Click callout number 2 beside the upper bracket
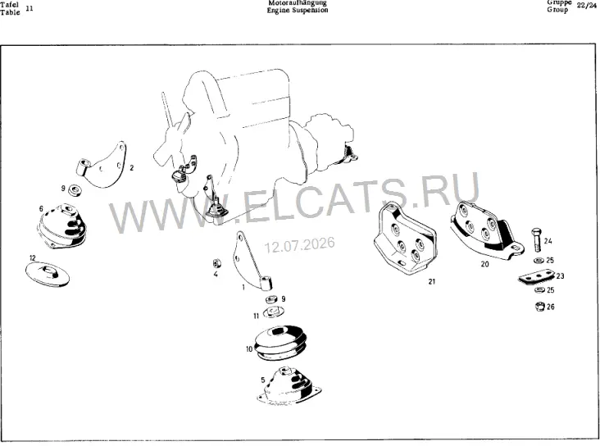pyautogui.click(x=132, y=168)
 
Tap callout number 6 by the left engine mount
pyautogui.click(x=41, y=209)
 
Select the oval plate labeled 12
pyautogui.click(x=48, y=274)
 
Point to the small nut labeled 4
pyautogui.click(x=217, y=263)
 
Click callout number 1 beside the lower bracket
pyautogui.click(x=243, y=287)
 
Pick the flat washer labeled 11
pyautogui.click(x=272, y=312)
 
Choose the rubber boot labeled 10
pyautogui.click(x=281, y=343)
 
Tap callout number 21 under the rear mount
pyautogui.click(x=432, y=281)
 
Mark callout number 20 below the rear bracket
pyautogui.click(x=484, y=264)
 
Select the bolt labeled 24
pyautogui.click(x=537, y=239)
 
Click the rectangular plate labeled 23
pyautogui.click(x=537, y=276)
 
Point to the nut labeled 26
pyautogui.click(x=539, y=307)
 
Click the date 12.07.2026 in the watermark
pyautogui.click(x=300, y=244)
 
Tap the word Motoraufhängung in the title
pyautogui.click(x=298, y=3)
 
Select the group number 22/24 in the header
pyautogui.click(x=587, y=6)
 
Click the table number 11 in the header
pyautogui.click(x=29, y=8)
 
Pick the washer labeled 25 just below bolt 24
pyautogui.click(x=539, y=261)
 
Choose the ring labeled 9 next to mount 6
pyautogui.click(x=75, y=189)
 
